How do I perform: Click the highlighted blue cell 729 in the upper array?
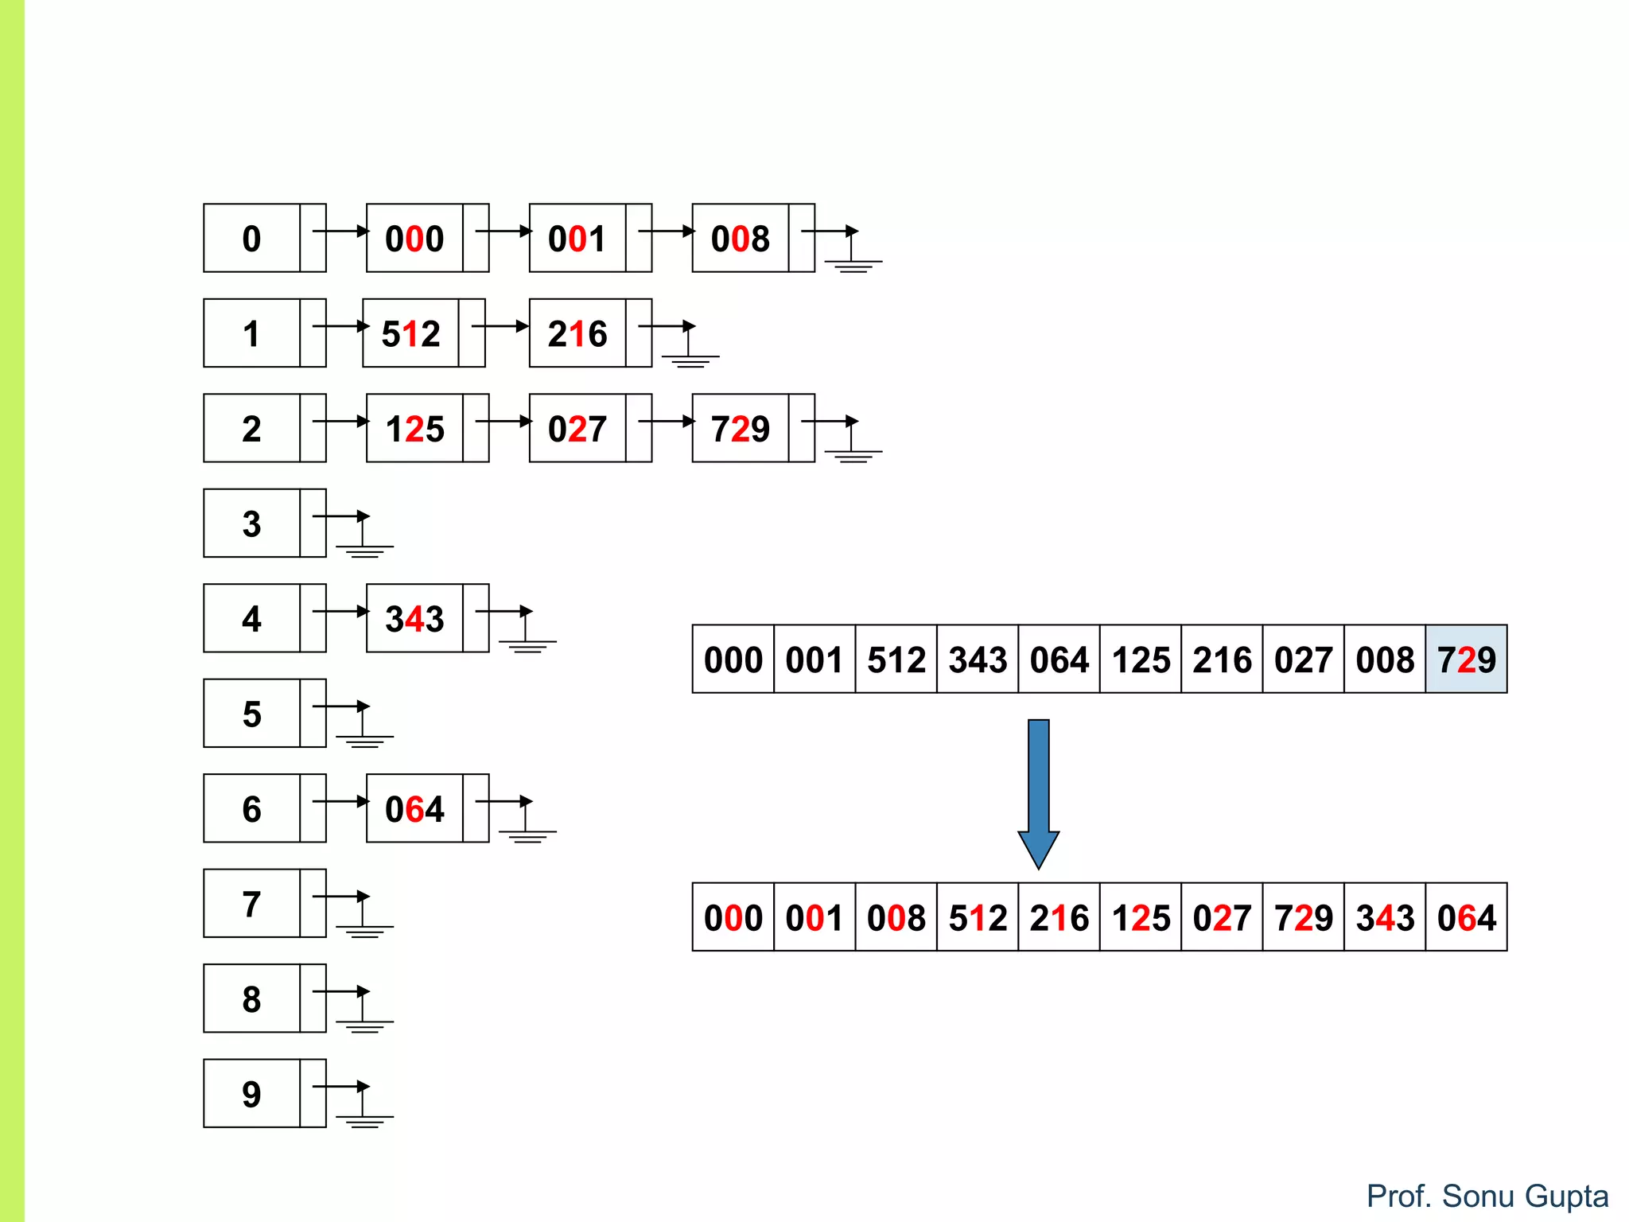coord(1466,659)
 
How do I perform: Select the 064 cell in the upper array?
coord(1059,659)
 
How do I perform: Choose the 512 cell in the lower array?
coord(978,916)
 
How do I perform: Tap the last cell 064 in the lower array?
coord(1466,916)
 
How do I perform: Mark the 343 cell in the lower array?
coord(1385,916)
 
